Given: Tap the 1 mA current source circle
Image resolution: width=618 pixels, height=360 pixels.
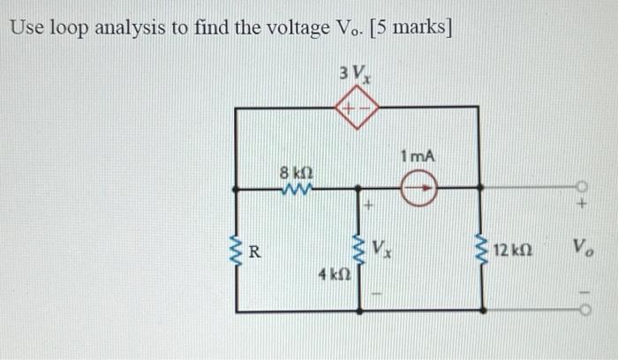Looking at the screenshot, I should click(x=418, y=187).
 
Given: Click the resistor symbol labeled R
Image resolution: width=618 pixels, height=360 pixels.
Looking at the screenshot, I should click(x=237, y=250).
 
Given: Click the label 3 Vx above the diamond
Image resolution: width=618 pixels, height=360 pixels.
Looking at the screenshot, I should click(x=355, y=73).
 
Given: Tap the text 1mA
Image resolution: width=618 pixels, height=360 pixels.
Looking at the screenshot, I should click(x=417, y=156).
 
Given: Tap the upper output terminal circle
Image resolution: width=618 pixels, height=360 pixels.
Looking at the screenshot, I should click(x=581, y=187).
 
